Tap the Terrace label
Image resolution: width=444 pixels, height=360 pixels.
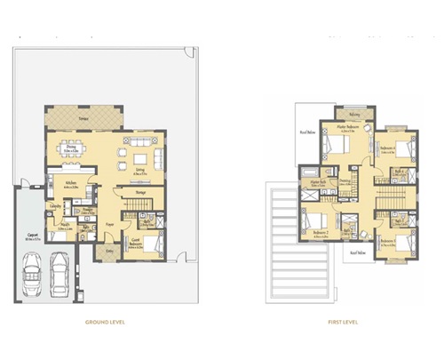pyautogui.click(x=85, y=117)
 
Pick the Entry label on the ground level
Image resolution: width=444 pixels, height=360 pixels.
pyautogui.click(x=110, y=252)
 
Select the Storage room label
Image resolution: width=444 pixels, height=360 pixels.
pyautogui.click(x=140, y=190)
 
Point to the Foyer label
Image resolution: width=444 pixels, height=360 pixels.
pyautogui.click(x=109, y=224)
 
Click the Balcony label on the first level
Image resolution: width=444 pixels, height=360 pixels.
pyautogui.click(x=353, y=116)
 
